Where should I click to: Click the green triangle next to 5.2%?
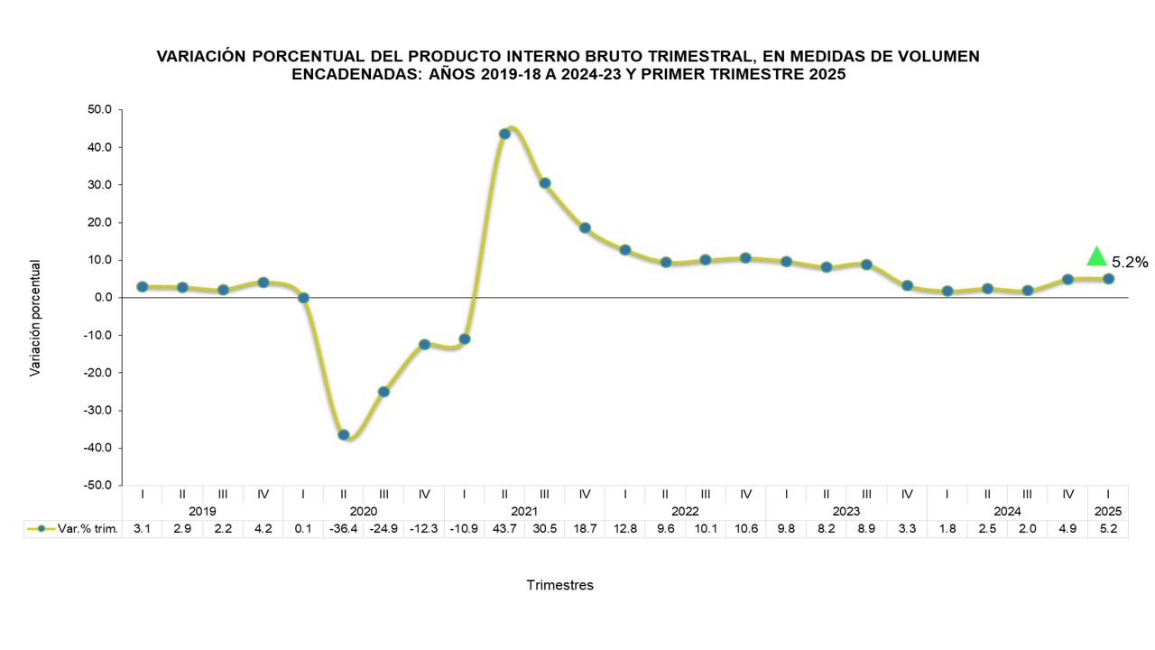pos(1096,256)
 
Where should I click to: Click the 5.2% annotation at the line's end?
pos(1129,263)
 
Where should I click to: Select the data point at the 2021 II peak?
pos(504,134)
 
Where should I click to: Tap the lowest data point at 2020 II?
pos(344,434)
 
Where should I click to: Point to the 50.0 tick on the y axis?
pos(100,109)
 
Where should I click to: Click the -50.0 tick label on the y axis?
pos(98,486)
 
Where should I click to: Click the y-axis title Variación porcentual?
pos(35,318)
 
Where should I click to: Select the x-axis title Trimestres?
pos(559,585)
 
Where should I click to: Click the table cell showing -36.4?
pos(343,529)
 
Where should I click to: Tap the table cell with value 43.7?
pos(504,529)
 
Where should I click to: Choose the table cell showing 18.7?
pos(585,529)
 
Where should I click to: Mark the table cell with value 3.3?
pos(907,529)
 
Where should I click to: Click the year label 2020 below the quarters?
pos(363,511)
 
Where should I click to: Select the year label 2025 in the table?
pos(1108,511)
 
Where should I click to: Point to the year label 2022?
pos(685,511)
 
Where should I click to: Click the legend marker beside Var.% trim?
pos(41,529)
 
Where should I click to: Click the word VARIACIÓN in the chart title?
pos(200,56)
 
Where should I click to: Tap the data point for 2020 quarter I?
pos(303,298)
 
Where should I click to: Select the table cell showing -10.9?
pos(464,529)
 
